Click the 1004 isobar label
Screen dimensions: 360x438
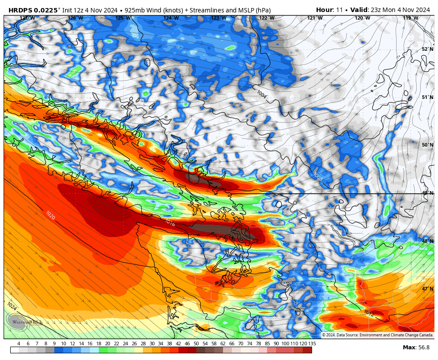262,94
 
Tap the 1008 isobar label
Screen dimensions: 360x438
318,176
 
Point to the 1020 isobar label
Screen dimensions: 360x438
50,215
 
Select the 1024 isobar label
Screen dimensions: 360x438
12,307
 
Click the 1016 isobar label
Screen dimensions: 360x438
170,222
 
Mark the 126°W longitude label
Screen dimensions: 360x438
75,18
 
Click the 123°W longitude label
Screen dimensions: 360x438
219,18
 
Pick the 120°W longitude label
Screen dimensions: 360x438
362,18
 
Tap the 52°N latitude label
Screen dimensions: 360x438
427,49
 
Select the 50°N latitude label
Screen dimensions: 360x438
427,145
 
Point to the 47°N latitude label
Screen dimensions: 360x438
427,289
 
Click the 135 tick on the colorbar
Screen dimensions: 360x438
312,344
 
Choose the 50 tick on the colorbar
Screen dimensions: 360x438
196,344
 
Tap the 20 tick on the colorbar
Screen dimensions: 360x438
108,344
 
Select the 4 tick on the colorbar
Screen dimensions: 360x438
19,344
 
